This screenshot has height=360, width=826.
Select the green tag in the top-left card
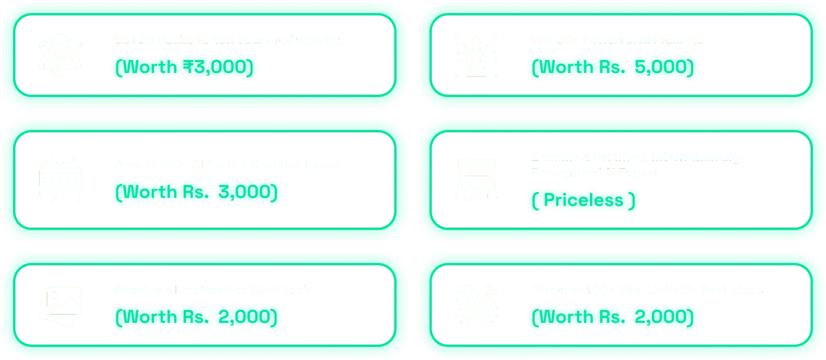[x=186, y=67]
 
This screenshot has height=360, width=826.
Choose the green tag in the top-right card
[x=613, y=67]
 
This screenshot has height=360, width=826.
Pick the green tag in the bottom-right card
[x=613, y=317]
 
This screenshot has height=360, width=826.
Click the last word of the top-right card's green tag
[x=664, y=67]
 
